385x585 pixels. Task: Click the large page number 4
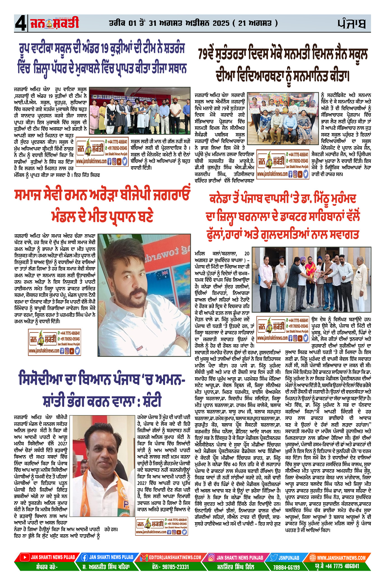click(x=20, y=24)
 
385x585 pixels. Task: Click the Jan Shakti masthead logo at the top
click(x=55, y=23)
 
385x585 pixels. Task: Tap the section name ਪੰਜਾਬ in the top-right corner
click(x=351, y=24)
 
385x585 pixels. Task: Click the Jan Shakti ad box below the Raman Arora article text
click(x=55, y=342)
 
